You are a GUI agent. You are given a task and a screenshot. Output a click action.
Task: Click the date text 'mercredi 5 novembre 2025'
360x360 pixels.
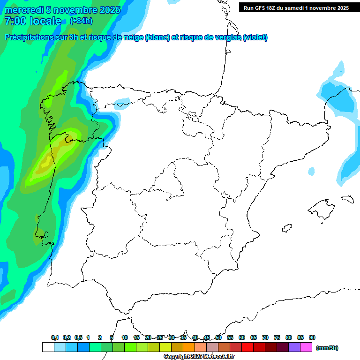coord(62,10)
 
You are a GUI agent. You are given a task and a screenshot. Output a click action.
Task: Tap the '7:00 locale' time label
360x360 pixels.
coord(32,21)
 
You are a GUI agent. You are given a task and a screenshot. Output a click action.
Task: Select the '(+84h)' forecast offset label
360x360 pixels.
coord(81,21)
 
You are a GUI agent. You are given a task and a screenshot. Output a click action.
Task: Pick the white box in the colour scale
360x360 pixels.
coord(48,347)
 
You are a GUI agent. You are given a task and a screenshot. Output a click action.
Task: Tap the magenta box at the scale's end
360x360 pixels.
coord(306,347)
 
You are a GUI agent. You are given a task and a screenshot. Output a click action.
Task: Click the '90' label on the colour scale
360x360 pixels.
coord(312,337)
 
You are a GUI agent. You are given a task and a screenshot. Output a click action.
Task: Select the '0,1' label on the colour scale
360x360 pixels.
coord(55,337)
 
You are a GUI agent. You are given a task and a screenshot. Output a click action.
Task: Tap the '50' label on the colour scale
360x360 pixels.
coord(218,337)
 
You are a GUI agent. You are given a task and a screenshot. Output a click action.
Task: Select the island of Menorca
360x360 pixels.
coord(347,199)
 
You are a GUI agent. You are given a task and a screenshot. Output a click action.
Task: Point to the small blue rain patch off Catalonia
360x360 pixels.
coord(311,172)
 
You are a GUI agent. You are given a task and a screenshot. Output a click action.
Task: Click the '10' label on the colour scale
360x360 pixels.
coord(125,337)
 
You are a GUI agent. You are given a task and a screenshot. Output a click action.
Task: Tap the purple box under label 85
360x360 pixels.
coord(294,347)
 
